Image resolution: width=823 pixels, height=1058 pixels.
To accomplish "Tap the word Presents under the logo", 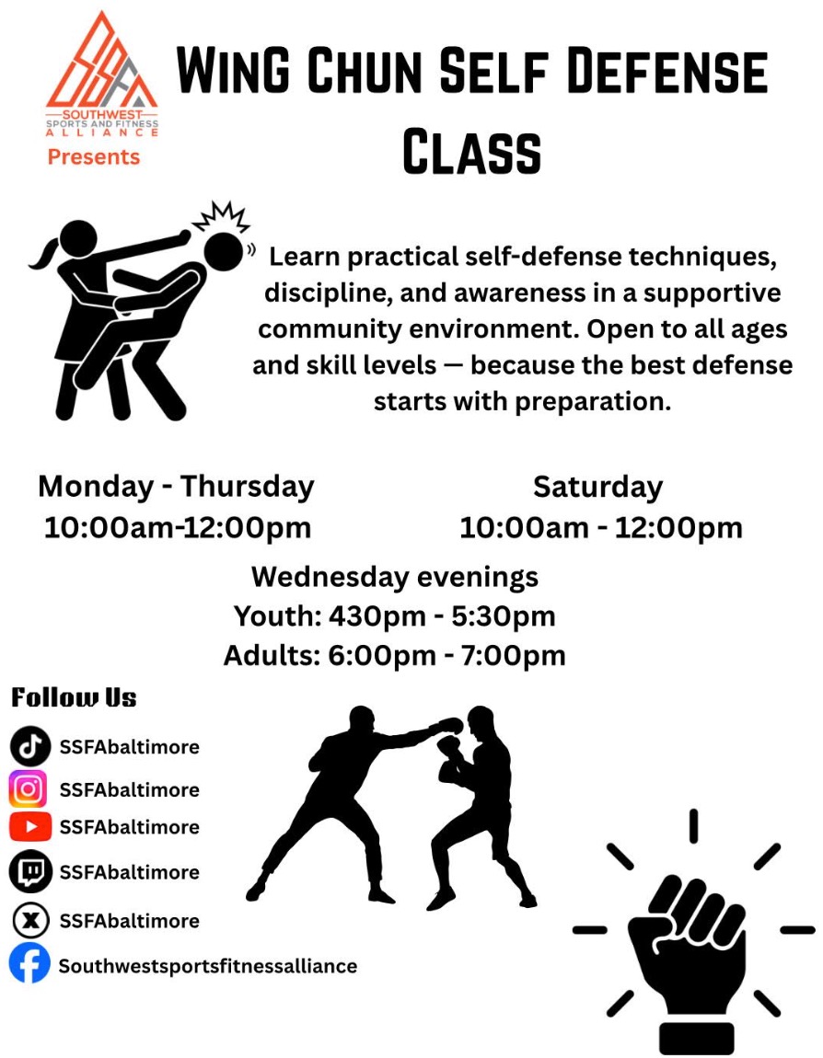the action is (94, 157).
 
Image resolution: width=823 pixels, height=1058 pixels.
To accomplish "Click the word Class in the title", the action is (472, 151).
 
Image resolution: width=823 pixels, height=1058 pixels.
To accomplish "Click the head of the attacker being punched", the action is (223, 251).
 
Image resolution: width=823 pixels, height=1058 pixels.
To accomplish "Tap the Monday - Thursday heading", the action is (176, 487).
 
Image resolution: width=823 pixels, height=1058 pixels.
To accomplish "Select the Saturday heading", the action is (598, 488).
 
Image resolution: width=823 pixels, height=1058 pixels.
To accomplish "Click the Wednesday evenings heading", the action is (395, 577).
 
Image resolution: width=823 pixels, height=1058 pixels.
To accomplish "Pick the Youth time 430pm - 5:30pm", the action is (442, 616).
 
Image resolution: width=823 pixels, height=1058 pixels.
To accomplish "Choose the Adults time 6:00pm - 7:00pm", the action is (447, 655).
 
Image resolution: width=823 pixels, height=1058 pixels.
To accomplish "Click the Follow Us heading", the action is (74, 697).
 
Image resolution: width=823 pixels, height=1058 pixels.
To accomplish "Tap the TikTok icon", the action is (29, 746).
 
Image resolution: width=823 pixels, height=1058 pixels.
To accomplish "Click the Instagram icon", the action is (29, 788).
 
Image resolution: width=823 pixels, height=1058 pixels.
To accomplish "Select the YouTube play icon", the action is (29, 826).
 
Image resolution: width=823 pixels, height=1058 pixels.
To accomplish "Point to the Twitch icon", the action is (29, 872).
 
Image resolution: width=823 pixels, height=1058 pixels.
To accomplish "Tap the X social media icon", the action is (30, 920).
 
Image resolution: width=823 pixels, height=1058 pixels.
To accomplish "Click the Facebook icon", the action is (29, 963).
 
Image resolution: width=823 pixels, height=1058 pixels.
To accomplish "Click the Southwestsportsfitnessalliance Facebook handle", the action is (208, 966).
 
